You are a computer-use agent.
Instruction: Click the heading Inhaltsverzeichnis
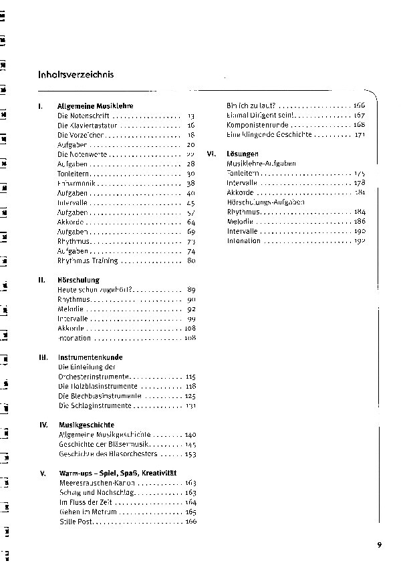(76, 74)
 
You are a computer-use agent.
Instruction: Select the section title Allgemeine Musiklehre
(96, 106)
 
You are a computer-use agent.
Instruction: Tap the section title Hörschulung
(78, 280)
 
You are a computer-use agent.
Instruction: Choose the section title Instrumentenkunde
(90, 357)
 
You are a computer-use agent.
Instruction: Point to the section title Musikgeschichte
(86, 425)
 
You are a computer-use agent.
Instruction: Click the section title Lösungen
(243, 154)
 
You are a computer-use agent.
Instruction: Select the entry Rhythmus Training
(88, 260)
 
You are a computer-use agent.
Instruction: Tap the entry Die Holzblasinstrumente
(98, 386)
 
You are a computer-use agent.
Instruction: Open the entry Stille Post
(75, 521)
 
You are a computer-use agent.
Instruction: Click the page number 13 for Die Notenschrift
(190, 116)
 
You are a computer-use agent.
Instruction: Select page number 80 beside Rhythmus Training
(190, 260)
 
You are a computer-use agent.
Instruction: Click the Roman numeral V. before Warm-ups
(43, 473)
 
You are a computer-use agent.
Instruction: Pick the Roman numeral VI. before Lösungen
(212, 154)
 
